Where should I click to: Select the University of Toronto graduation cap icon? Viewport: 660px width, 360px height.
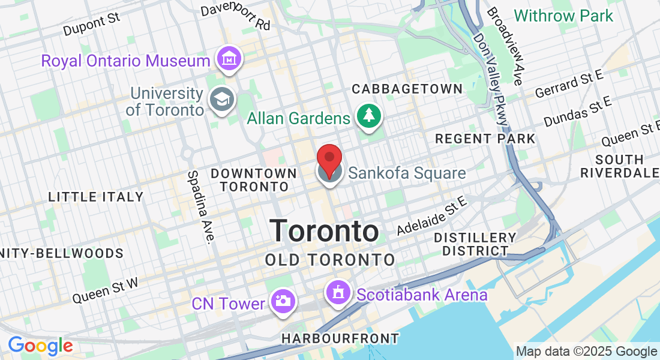(x=221, y=101)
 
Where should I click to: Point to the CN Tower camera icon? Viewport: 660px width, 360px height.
(x=282, y=301)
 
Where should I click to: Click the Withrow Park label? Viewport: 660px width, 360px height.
(x=563, y=16)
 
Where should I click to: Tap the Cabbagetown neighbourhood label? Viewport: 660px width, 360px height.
(x=407, y=89)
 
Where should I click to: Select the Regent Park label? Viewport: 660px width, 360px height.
(x=485, y=139)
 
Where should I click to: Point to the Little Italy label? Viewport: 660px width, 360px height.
(x=96, y=197)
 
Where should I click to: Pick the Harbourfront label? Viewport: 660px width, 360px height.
(x=340, y=339)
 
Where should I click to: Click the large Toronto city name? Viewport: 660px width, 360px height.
(x=324, y=231)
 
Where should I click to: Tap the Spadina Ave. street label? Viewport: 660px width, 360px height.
(x=200, y=208)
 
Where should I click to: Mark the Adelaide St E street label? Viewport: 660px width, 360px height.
(x=431, y=220)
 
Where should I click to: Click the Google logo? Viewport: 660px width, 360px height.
(x=40, y=346)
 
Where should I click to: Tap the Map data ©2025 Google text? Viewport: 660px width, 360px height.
(x=586, y=352)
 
